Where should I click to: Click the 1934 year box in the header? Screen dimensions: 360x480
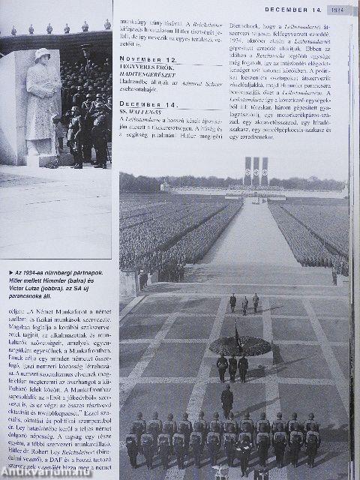(x=337, y=10)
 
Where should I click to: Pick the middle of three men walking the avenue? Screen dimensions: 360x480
(x=244, y=302)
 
